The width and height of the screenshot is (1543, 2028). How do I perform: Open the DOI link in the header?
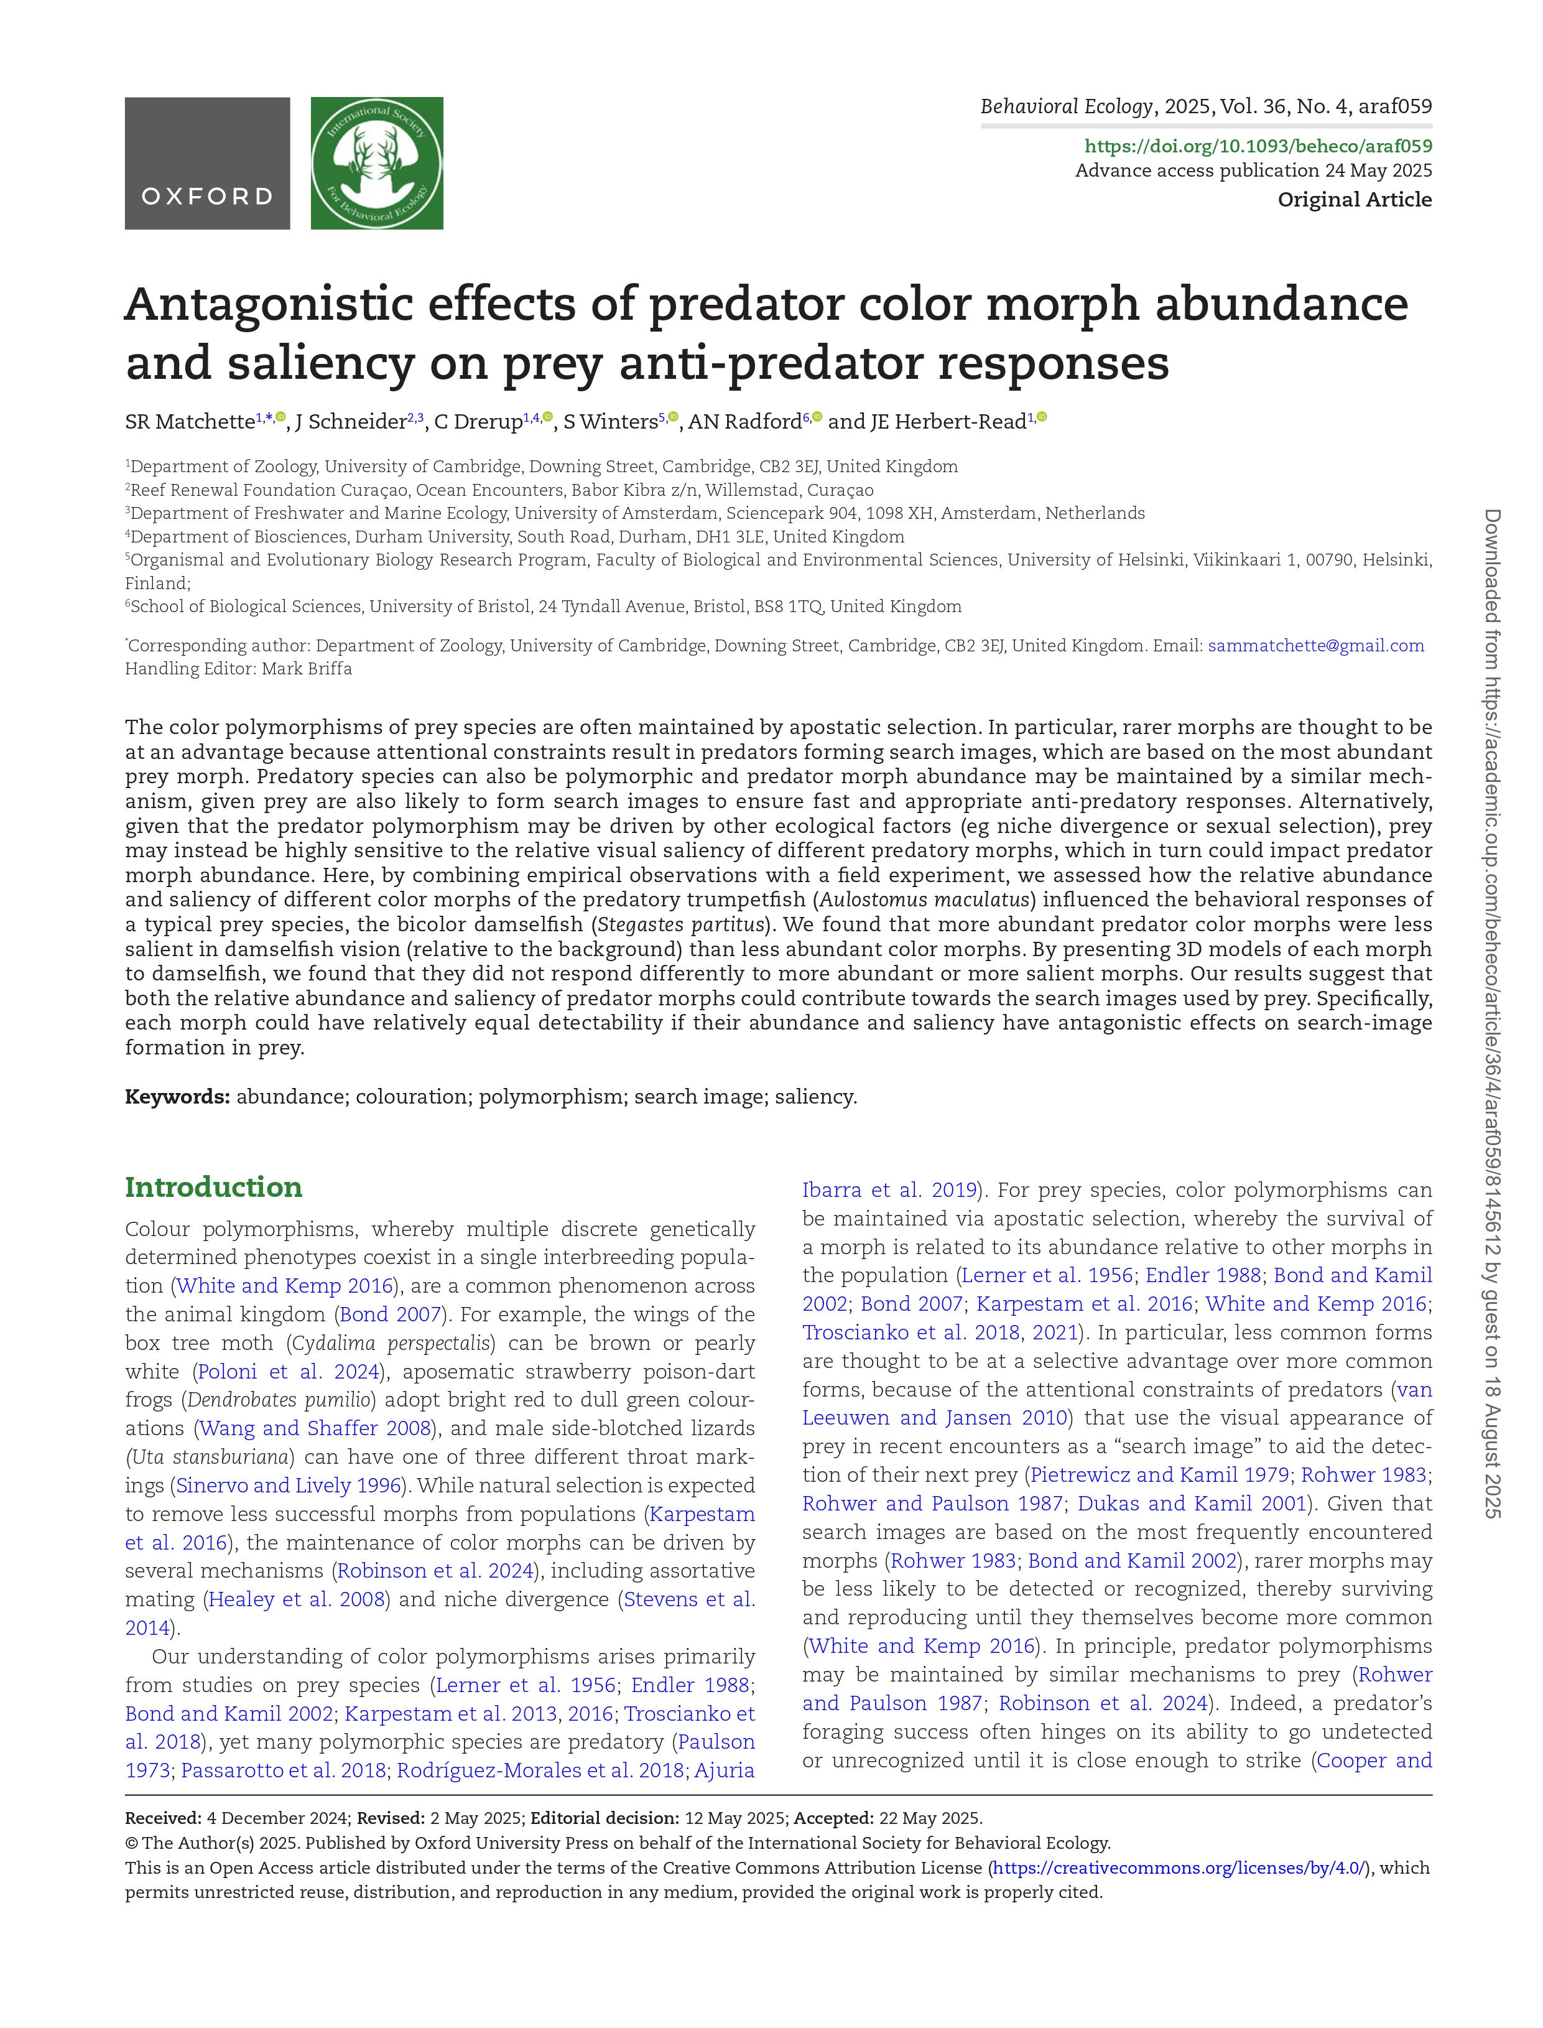1258,146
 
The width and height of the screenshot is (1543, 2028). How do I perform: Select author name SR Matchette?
189,422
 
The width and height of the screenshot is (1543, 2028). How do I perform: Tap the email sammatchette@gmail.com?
1315,646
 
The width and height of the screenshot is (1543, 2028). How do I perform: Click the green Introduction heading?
213,1187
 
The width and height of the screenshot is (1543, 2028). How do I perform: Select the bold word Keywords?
177,1097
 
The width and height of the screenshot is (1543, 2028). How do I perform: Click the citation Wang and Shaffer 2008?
315,1428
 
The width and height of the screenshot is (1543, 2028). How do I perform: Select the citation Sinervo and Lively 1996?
289,1485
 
